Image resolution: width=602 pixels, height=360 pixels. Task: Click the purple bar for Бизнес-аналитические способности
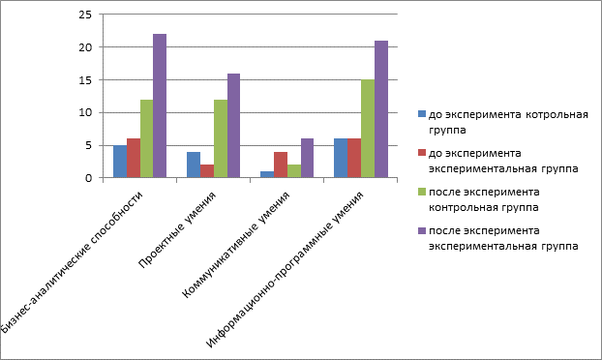pyautogui.click(x=160, y=105)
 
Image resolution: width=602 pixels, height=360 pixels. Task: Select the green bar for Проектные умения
pyautogui.click(x=221, y=138)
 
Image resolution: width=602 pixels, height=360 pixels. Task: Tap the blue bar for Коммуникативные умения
pyautogui.click(x=267, y=174)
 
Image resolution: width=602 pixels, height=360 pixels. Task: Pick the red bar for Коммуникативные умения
pyautogui.click(x=281, y=165)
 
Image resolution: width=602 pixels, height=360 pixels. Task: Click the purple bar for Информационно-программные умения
pyautogui.click(x=381, y=109)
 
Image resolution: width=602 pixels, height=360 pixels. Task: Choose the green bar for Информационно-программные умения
pyautogui.click(x=368, y=129)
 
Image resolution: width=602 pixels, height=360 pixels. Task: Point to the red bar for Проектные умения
pyautogui.click(x=207, y=170)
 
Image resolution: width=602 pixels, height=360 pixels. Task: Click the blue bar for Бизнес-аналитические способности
pyautogui.click(x=120, y=162)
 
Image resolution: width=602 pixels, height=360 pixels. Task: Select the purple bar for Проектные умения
pyautogui.click(x=234, y=126)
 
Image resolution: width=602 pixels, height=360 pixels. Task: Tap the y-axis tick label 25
pyautogui.click(x=85, y=15)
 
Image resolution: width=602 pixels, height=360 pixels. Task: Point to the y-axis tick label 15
pyautogui.click(x=85, y=80)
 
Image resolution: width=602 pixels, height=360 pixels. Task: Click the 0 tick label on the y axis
pyautogui.click(x=89, y=178)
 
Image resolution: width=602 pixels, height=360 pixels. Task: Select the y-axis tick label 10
pyautogui.click(x=85, y=113)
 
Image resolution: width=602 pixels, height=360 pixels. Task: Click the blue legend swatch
pyautogui.click(x=422, y=114)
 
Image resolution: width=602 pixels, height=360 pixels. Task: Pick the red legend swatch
pyautogui.click(x=422, y=152)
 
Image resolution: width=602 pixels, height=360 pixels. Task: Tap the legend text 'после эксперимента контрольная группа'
pyautogui.click(x=484, y=199)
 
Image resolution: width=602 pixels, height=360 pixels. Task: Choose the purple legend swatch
pyautogui.click(x=422, y=230)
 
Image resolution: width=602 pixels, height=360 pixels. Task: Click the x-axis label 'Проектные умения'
pyautogui.click(x=177, y=229)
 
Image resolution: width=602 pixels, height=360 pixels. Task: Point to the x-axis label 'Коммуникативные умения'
pyautogui.click(x=235, y=245)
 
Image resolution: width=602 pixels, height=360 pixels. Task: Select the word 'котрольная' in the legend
pyautogui.click(x=557, y=115)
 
